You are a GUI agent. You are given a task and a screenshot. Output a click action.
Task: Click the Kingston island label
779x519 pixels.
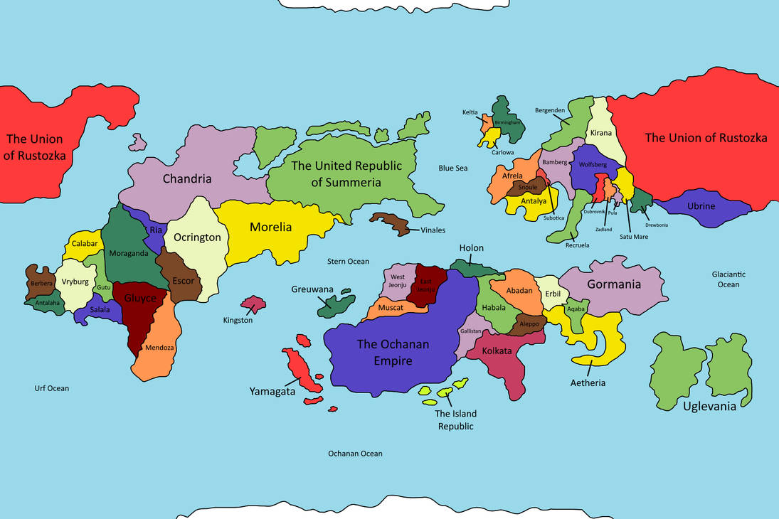[x=238, y=321]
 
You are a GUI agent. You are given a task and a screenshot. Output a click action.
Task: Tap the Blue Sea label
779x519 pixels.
[x=453, y=168]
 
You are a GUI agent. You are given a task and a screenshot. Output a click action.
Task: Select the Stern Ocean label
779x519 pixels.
[x=348, y=262]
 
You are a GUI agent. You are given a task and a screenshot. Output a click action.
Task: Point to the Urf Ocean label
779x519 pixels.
[x=52, y=388]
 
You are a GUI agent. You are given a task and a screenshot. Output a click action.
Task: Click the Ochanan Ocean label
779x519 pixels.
[x=355, y=454]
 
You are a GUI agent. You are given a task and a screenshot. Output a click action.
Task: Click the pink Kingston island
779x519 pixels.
[x=253, y=304]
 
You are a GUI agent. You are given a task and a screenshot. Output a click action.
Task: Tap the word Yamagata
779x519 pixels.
[x=272, y=391]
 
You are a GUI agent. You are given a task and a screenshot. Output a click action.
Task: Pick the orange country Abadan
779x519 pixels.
[x=519, y=290]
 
